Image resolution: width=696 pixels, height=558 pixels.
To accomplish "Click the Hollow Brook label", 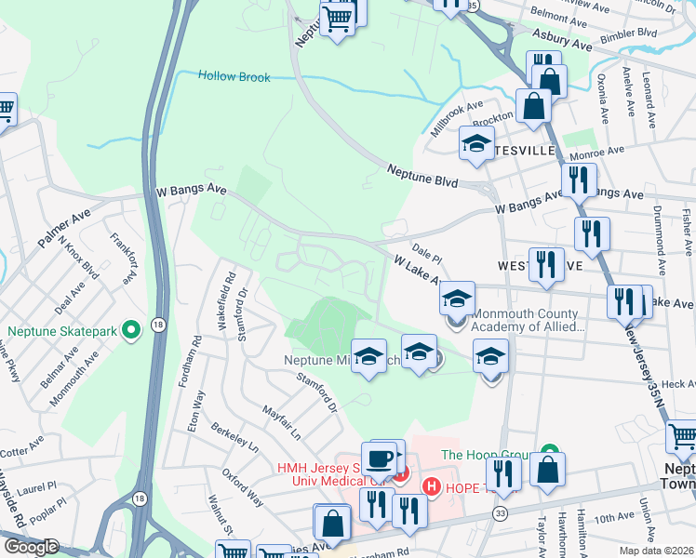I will [234, 76].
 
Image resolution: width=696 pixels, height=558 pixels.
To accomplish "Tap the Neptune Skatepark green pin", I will [131, 329].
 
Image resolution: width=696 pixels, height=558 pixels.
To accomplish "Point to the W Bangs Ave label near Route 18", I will [191, 190].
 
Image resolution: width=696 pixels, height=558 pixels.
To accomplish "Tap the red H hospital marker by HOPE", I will [432, 486].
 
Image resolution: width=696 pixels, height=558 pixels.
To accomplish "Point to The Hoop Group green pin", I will [549, 454].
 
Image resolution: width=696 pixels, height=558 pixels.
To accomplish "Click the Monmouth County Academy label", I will [528, 320].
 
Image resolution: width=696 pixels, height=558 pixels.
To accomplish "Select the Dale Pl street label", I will [425, 251].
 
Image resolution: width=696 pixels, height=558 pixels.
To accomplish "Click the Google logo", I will [30, 547].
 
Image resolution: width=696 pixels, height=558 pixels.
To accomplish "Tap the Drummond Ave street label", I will [661, 232].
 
